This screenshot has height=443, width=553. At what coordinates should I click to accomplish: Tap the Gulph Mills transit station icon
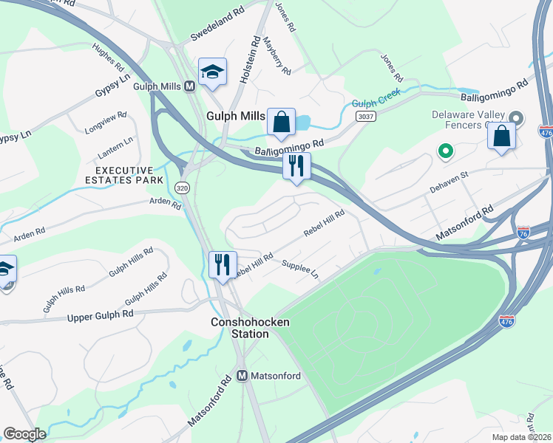[189, 86]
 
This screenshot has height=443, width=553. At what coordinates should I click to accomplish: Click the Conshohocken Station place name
[240, 328]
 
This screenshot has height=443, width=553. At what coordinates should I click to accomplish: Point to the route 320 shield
[181, 188]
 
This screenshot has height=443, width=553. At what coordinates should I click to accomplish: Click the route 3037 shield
[364, 117]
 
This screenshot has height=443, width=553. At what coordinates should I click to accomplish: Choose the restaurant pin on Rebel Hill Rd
[222, 264]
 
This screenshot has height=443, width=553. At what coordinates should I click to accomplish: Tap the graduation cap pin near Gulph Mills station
[212, 72]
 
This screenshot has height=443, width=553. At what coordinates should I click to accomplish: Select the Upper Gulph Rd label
[101, 316]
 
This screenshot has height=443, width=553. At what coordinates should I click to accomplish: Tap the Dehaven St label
[450, 184]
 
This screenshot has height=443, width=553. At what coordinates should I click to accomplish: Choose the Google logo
[24, 434]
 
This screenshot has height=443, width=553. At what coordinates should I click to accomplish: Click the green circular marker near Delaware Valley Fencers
[445, 152]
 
